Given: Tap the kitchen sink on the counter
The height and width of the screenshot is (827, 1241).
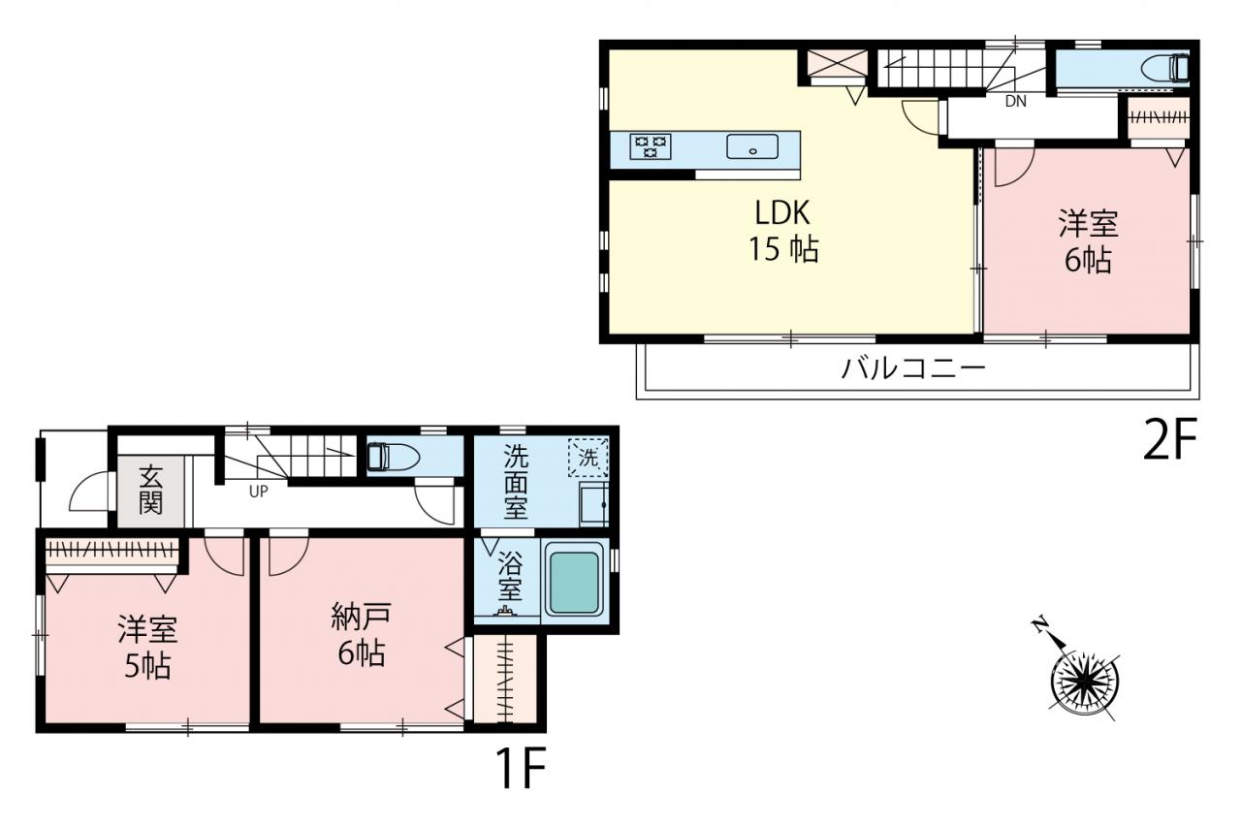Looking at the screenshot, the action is pos(752,146).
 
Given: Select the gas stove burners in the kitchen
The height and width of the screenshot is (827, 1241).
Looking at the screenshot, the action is pos(651,146).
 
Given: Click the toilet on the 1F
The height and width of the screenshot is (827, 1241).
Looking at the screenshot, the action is pos(394,456).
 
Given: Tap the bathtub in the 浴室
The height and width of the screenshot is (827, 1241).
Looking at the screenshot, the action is pos(575,581).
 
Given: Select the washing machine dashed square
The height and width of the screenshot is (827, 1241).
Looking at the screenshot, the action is pos(588,457).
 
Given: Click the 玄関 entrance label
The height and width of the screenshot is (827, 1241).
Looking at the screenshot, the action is pos(150,491).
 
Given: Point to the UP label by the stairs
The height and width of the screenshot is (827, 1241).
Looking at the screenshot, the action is pos(258,492).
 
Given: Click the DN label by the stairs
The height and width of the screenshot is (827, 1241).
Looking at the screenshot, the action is pos(1015,102).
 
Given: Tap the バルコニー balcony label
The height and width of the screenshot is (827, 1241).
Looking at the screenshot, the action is pos(913,368).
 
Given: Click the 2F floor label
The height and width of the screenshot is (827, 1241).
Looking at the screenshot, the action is pos(1170,439).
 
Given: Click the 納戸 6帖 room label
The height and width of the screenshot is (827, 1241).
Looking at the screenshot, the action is pos(362,634).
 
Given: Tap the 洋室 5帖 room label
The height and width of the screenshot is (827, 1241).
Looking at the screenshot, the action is pos(147,647).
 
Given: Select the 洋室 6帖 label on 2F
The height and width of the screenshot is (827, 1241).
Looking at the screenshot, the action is pos(1088,241).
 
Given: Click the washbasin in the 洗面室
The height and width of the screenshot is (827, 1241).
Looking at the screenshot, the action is pos(594,504).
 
